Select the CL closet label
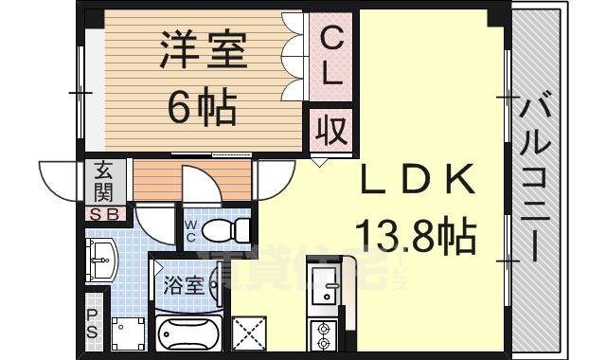click(x=330, y=59)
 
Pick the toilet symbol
click(x=227, y=229)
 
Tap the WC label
click(x=190, y=231)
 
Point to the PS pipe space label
click(x=92, y=324)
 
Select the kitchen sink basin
click(x=324, y=284)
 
